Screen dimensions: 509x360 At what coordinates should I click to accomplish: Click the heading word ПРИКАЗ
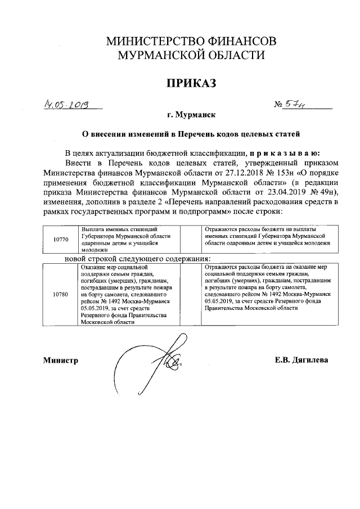pyautogui.click(x=190, y=83)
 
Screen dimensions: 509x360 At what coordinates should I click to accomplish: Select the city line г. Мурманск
pyautogui.click(x=191, y=116)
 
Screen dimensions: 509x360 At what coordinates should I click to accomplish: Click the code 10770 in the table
pyautogui.click(x=61, y=239)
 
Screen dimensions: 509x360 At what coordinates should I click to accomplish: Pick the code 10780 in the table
pyautogui.click(x=61, y=294)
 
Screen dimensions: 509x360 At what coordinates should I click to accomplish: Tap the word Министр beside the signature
pyautogui.click(x=60, y=360)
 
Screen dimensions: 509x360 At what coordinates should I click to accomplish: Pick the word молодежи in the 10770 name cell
pyautogui.click(x=94, y=250)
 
